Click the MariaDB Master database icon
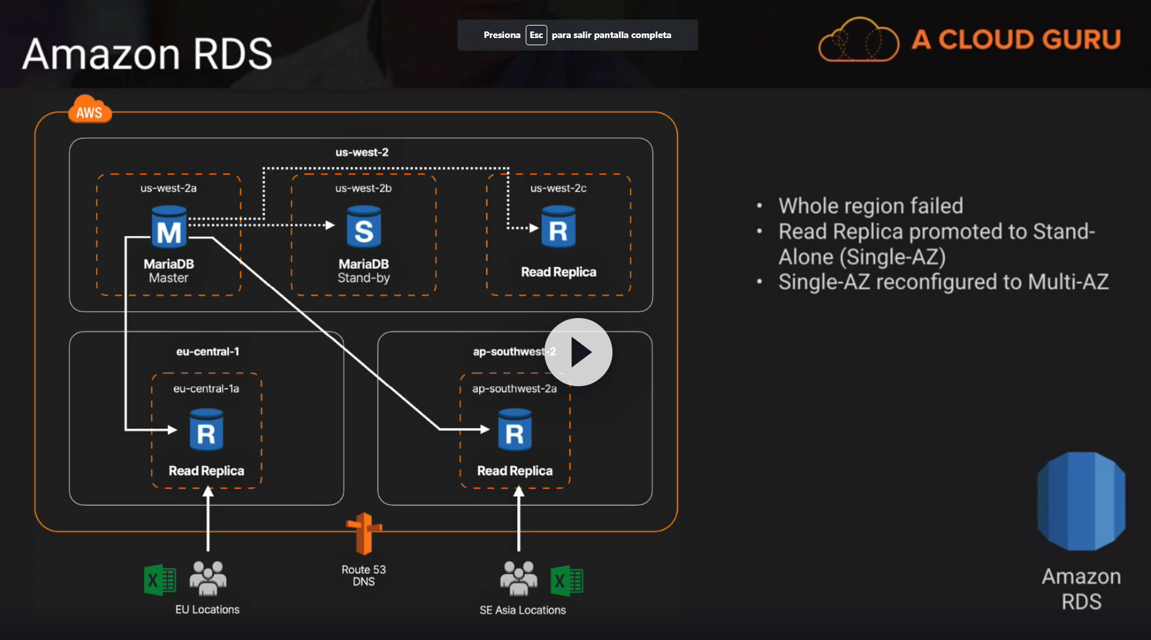(169, 228)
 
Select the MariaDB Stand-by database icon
(364, 227)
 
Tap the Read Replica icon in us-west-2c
(558, 227)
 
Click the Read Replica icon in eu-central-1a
(206, 430)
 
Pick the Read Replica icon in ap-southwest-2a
(515, 430)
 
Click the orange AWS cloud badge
(90, 110)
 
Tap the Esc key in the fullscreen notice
(536, 35)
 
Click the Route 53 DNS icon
(364, 534)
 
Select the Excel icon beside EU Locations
(159, 580)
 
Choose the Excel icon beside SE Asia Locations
(567, 580)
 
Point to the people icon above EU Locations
(208, 577)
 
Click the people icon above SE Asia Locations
(518, 577)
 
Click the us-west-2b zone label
(363, 188)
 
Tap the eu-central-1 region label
(207, 351)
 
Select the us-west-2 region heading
(362, 152)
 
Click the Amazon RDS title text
(147, 54)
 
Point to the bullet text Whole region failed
(870, 206)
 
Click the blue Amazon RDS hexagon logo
(1081, 501)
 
